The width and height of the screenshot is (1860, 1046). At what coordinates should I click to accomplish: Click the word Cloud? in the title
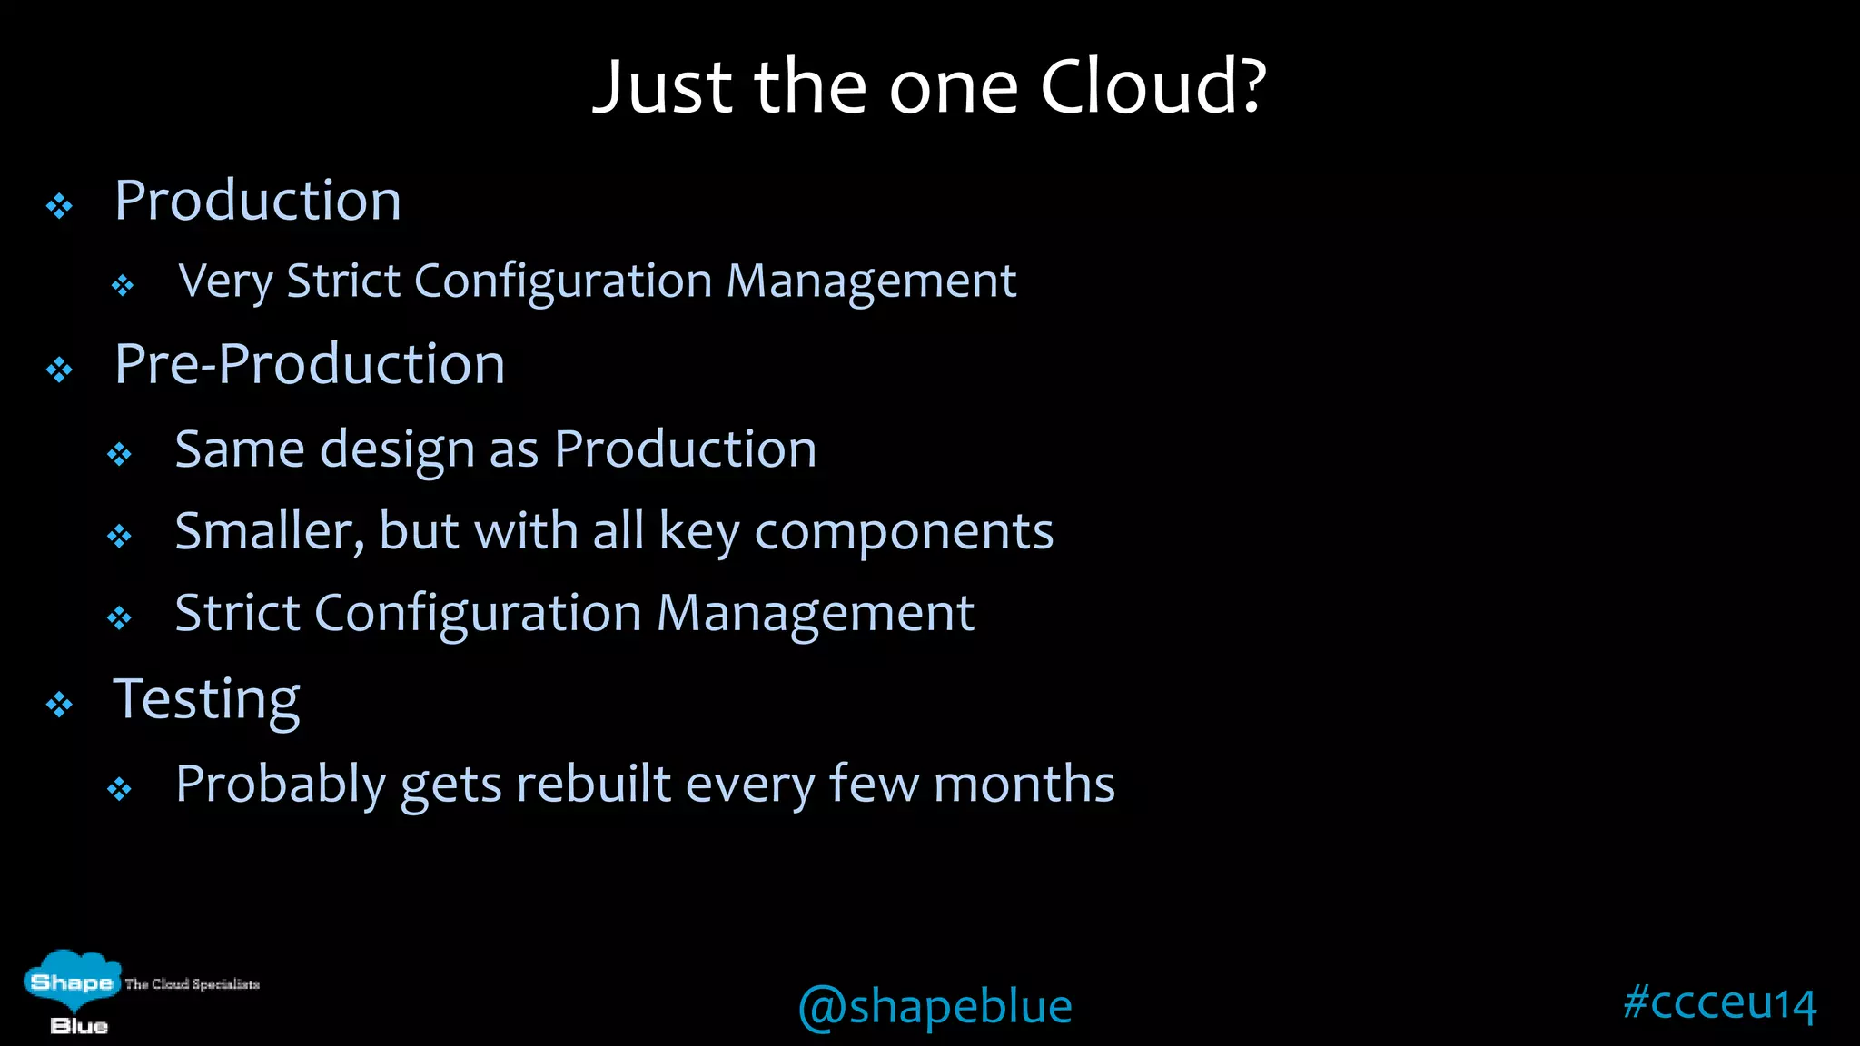[x=1152, y=87]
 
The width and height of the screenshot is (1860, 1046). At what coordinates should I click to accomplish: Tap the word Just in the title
[x=662, y=87]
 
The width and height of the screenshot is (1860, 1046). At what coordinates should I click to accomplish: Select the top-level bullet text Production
[x=258, y=201]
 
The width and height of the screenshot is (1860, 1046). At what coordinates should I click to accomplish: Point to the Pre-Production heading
[x=310, y=365]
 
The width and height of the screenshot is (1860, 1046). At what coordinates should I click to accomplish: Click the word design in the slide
[x=397, y=450]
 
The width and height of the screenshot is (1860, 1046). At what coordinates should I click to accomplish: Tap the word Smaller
[x=269, y=531]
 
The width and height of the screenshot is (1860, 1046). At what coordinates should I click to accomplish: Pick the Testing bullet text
[x=206, y=700]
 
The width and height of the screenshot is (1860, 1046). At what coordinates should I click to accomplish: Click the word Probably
[x=281, y=784]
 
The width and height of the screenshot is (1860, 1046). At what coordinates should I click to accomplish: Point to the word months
[x=1024, y=784]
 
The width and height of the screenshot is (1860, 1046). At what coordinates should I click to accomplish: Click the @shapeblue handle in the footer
[x=935, y=1007]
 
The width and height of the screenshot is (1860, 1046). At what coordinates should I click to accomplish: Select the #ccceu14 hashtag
[x=1719, y=1003]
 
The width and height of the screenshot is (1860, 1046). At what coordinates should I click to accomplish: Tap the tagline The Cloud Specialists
[x=193, y=984]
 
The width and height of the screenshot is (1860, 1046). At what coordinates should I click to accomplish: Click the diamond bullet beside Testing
[x=60, y=705]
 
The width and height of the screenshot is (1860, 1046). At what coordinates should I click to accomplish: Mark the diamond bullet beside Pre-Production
[x=60, y=370]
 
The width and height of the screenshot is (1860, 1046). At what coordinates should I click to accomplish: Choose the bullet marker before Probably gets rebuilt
[x=120, y=789]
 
